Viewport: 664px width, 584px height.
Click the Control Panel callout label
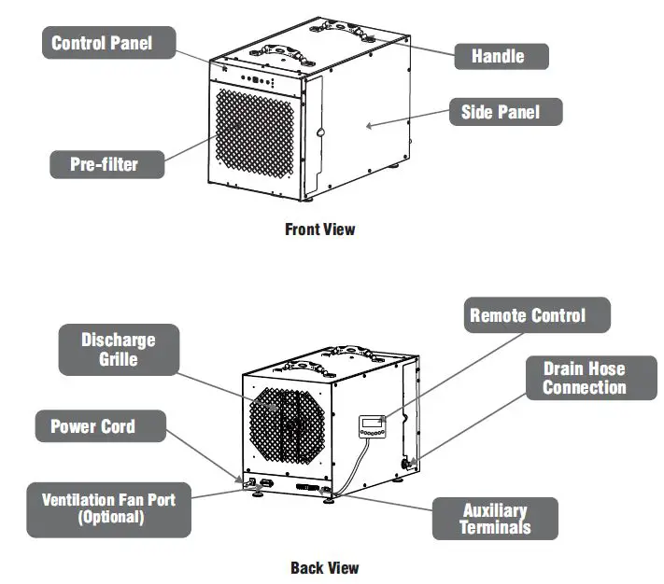100,43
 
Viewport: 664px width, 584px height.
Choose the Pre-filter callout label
105,165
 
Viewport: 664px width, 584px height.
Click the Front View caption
319,229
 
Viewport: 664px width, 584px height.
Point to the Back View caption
324,567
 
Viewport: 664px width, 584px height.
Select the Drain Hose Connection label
584,378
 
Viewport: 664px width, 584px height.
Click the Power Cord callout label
92,427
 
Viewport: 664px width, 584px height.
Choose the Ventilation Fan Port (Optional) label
108,508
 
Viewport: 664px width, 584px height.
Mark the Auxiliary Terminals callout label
495,518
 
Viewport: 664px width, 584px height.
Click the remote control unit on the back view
371,426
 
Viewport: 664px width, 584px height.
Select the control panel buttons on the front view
255,79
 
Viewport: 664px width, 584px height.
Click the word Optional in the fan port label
110,517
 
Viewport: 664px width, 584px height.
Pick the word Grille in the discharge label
118,357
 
